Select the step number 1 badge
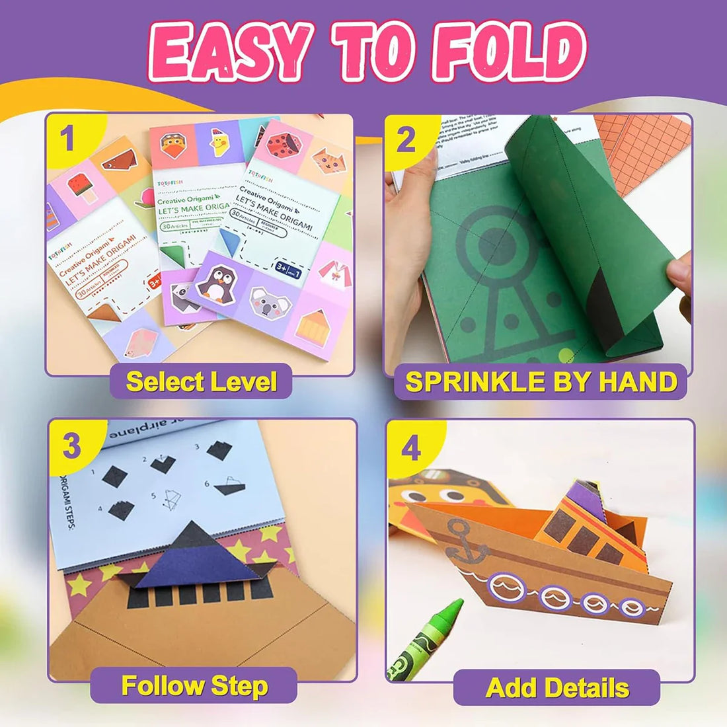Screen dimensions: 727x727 [x=67, y=139]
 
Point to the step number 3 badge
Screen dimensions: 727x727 [x=71, y=446]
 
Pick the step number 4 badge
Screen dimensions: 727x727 [x=411, y=449]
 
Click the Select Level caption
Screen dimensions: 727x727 [x=201, y=381]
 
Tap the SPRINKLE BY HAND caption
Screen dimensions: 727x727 [x=541, y=382]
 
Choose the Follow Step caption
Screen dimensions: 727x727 [x=194, y=685]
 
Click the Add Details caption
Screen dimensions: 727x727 [x=556, y=687]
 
